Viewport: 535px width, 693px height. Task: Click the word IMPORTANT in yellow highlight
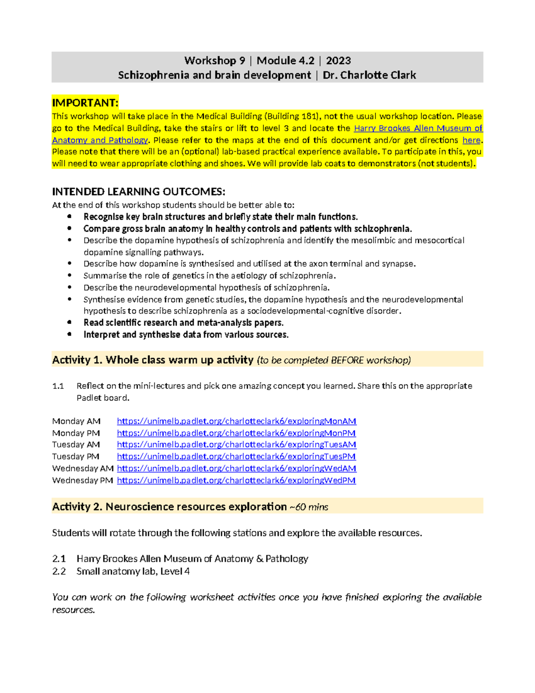[x=85, y=103]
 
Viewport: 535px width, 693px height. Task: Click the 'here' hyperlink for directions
[x=471, y=140]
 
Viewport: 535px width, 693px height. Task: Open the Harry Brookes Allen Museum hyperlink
[x=418, y=129]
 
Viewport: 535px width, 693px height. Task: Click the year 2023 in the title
[x=338, y=61]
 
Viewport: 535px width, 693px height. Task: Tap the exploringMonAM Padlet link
[x=236, y=421]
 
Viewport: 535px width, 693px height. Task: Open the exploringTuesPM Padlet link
[x=236, y=456]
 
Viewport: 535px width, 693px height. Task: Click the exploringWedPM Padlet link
[x=236, y=481]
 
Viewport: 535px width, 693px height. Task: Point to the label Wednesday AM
[x=82, y=469]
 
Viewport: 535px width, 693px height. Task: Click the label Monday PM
[x=76, y=433]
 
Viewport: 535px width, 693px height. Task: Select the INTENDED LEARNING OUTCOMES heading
[x=139, y=192]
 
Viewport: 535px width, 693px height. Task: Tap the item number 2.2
[x=59, y=571]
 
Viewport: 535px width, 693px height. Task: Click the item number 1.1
[x=58, y=386]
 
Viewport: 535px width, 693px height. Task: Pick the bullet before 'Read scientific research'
[x=69, y=322]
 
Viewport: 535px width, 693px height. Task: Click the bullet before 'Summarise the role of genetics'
[x=69, y=275]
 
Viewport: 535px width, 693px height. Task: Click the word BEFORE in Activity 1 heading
[x=346, y=360]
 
